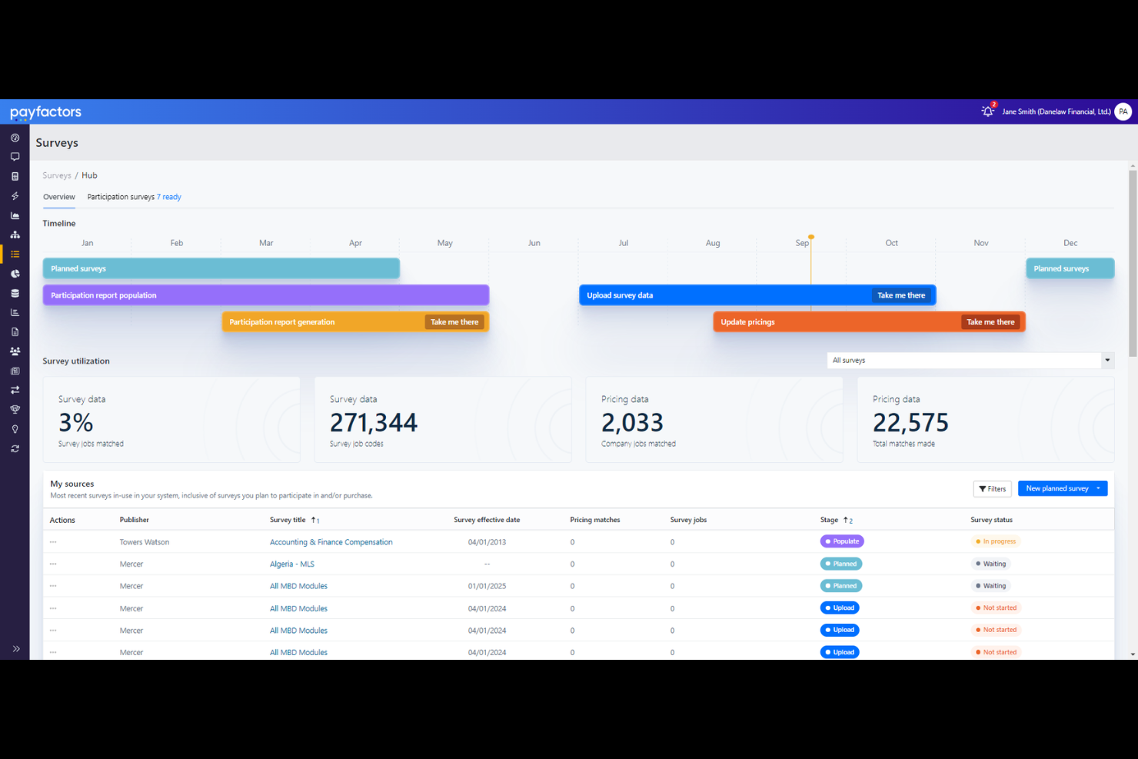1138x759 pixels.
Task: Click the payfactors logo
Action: [45, 112]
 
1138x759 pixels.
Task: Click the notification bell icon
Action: [987, 112]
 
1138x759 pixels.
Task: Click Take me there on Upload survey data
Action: [901, 295]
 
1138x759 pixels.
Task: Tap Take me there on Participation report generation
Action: [454, 322]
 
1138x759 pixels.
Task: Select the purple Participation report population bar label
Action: [104, 295]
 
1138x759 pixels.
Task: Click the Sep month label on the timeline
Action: [801, 243]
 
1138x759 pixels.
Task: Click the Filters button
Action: [992, 489]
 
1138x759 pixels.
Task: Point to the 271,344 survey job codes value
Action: [374, 423]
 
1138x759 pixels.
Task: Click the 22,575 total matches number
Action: [910, 423]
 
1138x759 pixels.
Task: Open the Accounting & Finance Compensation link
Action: [331, 542]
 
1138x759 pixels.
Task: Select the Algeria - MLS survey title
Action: [292, 564]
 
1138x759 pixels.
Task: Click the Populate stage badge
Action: [842, 541]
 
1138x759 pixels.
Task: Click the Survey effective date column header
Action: [487, 520]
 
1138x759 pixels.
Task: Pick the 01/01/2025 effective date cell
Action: [487, 586]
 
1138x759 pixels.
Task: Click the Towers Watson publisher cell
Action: [145, 542]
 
